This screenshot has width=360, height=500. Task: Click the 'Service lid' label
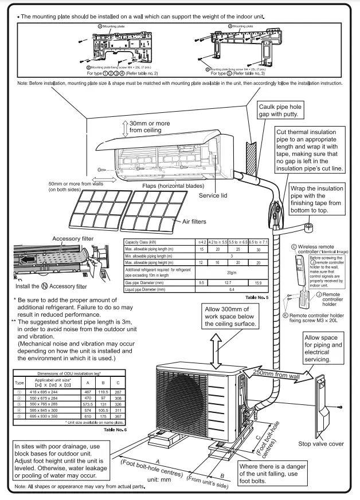coord(213,195)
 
